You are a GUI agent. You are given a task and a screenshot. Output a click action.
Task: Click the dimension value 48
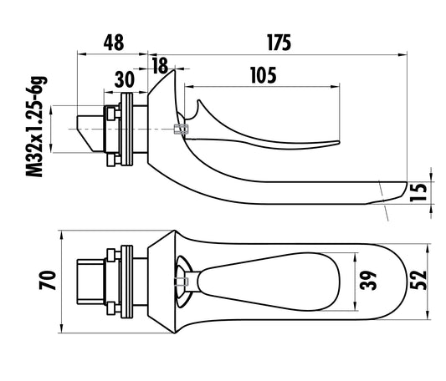(x=114, y=43)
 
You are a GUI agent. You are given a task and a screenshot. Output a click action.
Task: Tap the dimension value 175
(x=279, y=43)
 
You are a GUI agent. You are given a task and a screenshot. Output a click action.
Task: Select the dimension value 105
(x=264, y=75)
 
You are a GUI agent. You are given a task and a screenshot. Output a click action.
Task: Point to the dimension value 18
(x=160, y=66)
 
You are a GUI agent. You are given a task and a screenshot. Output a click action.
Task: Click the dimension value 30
(x=125, y=79)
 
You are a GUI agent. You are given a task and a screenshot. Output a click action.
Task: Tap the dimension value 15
(x=418, y=192)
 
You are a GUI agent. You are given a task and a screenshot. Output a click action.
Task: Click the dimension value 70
(x=48, y=281)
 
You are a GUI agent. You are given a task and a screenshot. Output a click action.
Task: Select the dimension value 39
(x=368, y=281)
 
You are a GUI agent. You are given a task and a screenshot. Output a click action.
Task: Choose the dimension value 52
(x=418, y=281)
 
